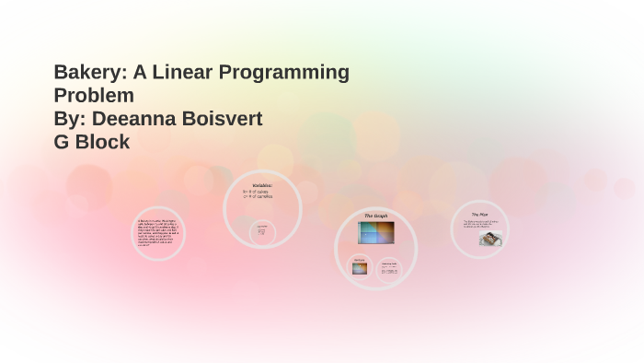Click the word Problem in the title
pyautogui.click(x=94, y=95)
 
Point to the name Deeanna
pyautogui.click(x=137, y=119)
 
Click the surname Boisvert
pyautogui.click(x=224, y=119)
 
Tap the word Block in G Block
pyautogui.click(x=103, y=142)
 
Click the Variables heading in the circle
pyautogui.click(x=262, y=185)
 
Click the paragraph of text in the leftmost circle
pyautogui.click(x=157, y=233)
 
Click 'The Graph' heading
pyautogui.click(x=375, y=216)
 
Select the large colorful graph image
pyautogui.click(x=375, y=233)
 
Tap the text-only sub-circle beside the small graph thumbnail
pyautogui.click(x=389, y=268)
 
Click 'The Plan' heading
pyautogui.click(x=479, y=215)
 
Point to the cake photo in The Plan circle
pyautogui.click(x=489, y=239)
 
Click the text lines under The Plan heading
pyautogui.click(x=480, y=223)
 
